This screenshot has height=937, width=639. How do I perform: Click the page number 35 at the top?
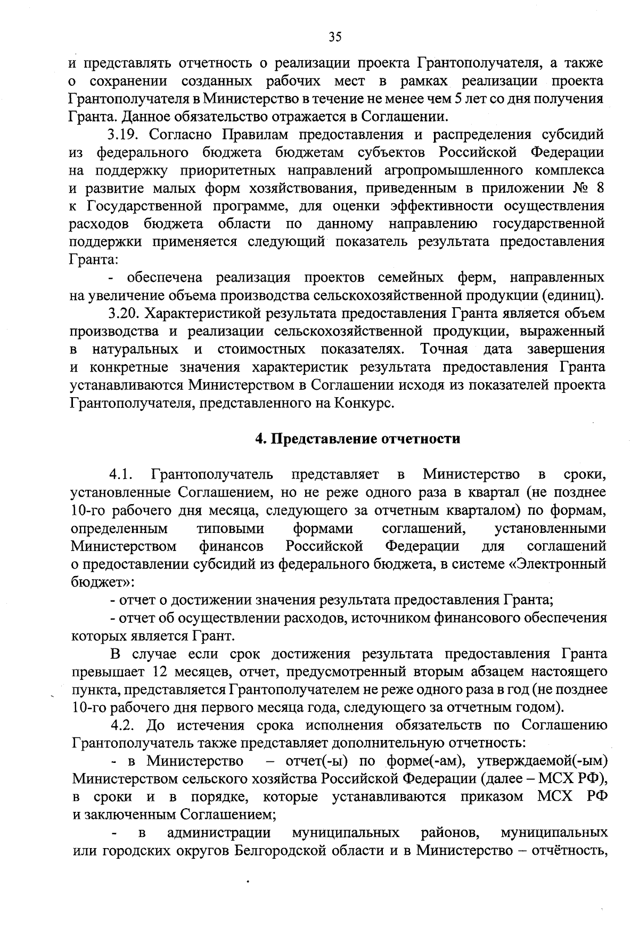[x=334, y=37]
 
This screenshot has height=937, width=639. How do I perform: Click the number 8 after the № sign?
[x=598, y=188]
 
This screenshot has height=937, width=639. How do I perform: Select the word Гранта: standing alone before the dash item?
[x=93, y=259]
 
